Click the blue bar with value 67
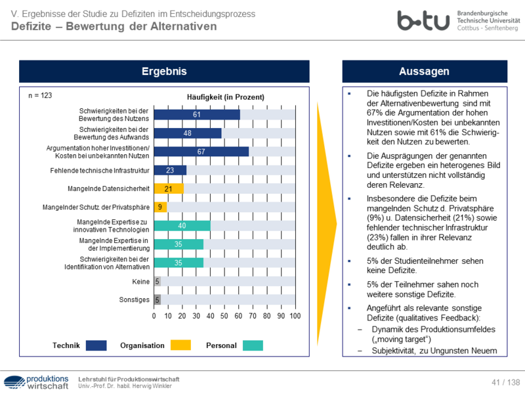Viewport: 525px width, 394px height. click(x=201, y=152)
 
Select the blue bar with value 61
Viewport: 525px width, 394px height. click(x=197, y=114)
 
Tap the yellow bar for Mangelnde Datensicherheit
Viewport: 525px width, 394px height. click(x=169, y=189)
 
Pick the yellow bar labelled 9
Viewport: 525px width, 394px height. click(x=160, y=208)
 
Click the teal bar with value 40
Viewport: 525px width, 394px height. click(x=182, y=226)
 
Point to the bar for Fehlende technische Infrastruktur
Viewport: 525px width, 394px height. click(x=170, y=170)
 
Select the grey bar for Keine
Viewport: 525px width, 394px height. click(x=157, y=282)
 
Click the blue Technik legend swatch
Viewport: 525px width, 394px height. click(x=96, y=345)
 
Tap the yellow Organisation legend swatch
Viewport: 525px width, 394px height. click(x=180, y=345)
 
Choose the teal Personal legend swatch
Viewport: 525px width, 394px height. click(x=253, y=345)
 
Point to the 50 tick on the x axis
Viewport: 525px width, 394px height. click(x=224, y=316)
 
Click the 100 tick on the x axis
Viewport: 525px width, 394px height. click(x=295, y=316)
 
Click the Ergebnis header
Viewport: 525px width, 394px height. click(x=164, y=72)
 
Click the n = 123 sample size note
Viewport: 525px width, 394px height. click(x=40, y=96)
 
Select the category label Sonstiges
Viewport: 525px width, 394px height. click(x=133, y=300)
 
